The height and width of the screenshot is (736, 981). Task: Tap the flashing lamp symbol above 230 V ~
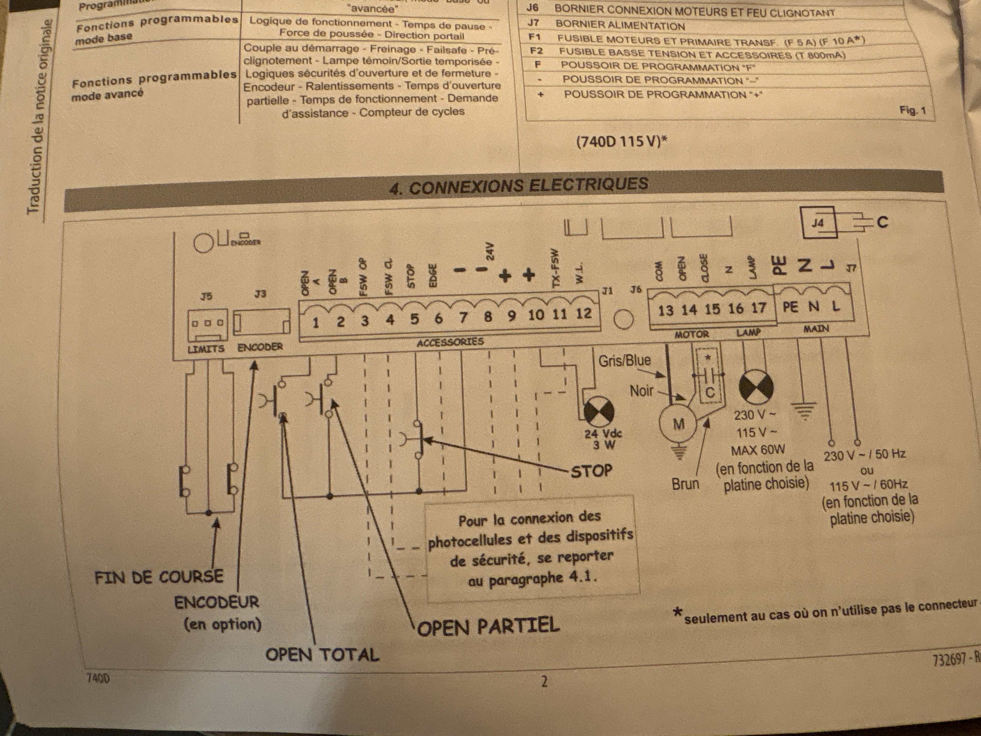[x=756, y=387]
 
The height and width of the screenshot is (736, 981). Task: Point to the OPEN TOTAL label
[x=322, y=655]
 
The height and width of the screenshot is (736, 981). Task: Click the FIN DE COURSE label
[x=159, y=577]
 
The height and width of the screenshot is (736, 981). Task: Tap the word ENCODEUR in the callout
[x=217, y=602]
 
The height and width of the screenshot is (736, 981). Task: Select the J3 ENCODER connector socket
[x=262, y=322]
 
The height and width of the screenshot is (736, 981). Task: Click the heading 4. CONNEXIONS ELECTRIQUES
[x=519, y=185]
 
